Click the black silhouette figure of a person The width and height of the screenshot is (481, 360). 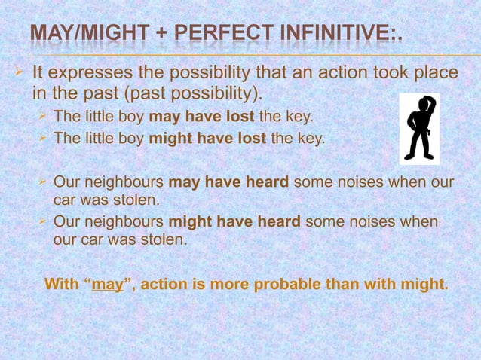[419, 128]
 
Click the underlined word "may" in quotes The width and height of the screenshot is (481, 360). [107, 285]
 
